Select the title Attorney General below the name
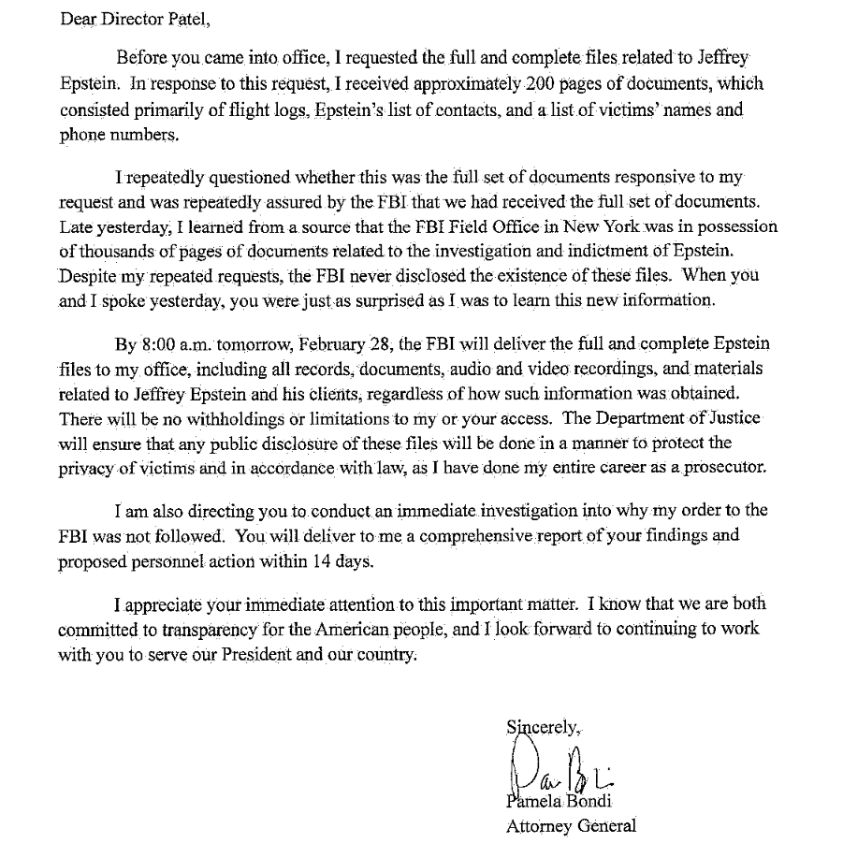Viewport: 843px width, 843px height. (x=571, y=826)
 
